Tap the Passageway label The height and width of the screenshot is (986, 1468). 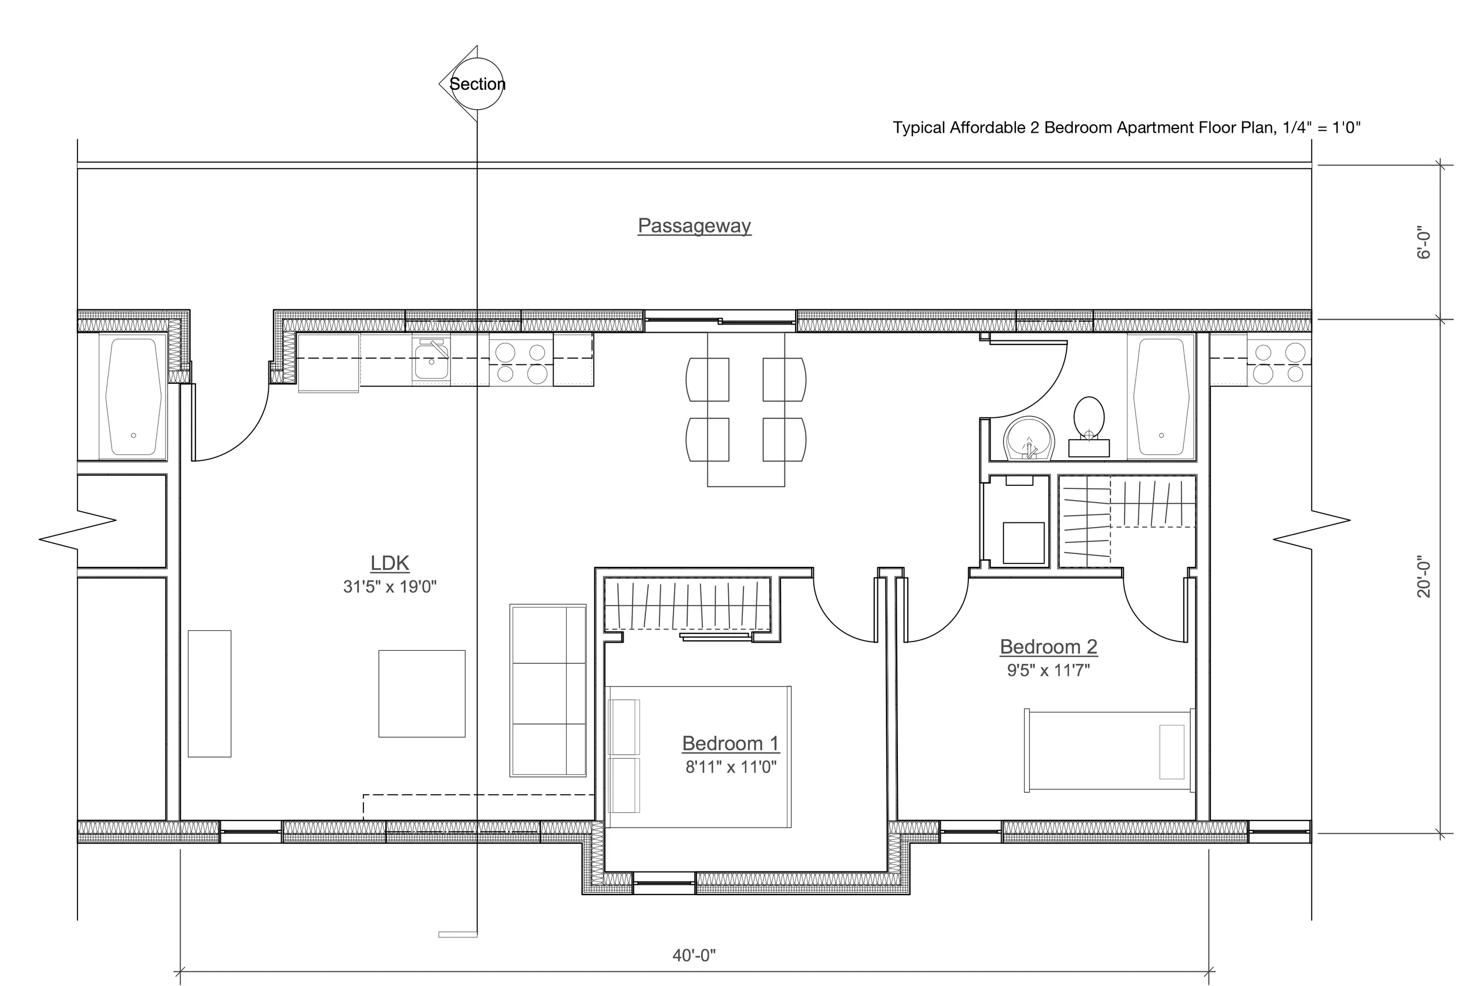point(695,226)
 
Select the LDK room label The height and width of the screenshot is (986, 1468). point(390,563)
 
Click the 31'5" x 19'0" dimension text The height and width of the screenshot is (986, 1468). point(390,587)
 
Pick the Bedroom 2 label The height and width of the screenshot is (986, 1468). point(1049,646)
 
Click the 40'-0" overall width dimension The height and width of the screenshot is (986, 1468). point(695,955)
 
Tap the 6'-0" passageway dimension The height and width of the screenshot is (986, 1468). point(1424,245)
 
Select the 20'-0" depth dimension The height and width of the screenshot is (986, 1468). point(1424,576)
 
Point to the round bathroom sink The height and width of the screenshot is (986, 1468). point(1028,438)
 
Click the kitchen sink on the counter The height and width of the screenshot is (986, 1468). point(431,360)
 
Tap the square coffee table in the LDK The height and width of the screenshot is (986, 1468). point(422,694)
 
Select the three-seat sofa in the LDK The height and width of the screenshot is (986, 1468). point(548,690)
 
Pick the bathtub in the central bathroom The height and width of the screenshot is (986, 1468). point(1160,397)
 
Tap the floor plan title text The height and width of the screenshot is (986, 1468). point(1126,128)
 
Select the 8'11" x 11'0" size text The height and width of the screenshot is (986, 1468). point(731,767)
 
